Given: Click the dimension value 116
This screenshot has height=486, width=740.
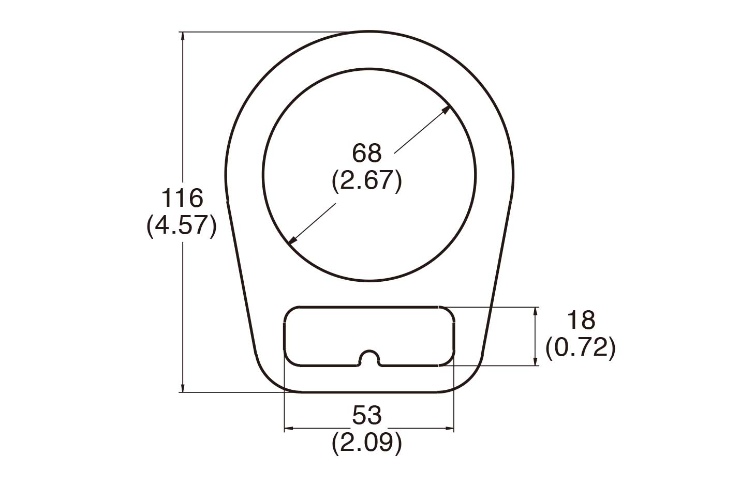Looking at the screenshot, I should click(182, 198).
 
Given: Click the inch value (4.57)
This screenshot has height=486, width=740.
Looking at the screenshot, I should click(181, 226).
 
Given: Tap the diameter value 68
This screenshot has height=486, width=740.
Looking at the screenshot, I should click(366, 154).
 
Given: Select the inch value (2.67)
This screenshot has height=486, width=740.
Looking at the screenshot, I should click(366, 181).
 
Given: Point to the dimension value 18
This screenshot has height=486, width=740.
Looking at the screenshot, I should click(581, 321).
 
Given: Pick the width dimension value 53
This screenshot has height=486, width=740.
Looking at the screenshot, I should click(366, 415).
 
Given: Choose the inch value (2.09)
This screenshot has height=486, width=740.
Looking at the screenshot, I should click(366, 443).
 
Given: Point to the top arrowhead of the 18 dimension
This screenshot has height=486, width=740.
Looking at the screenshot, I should click(536, 311).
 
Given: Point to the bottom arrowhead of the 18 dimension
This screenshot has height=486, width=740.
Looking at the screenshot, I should click(536, 361).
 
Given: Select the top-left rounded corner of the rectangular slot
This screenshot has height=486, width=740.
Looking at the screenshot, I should click(290, 312).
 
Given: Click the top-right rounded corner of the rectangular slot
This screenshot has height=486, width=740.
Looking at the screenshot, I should click(448, 312).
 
